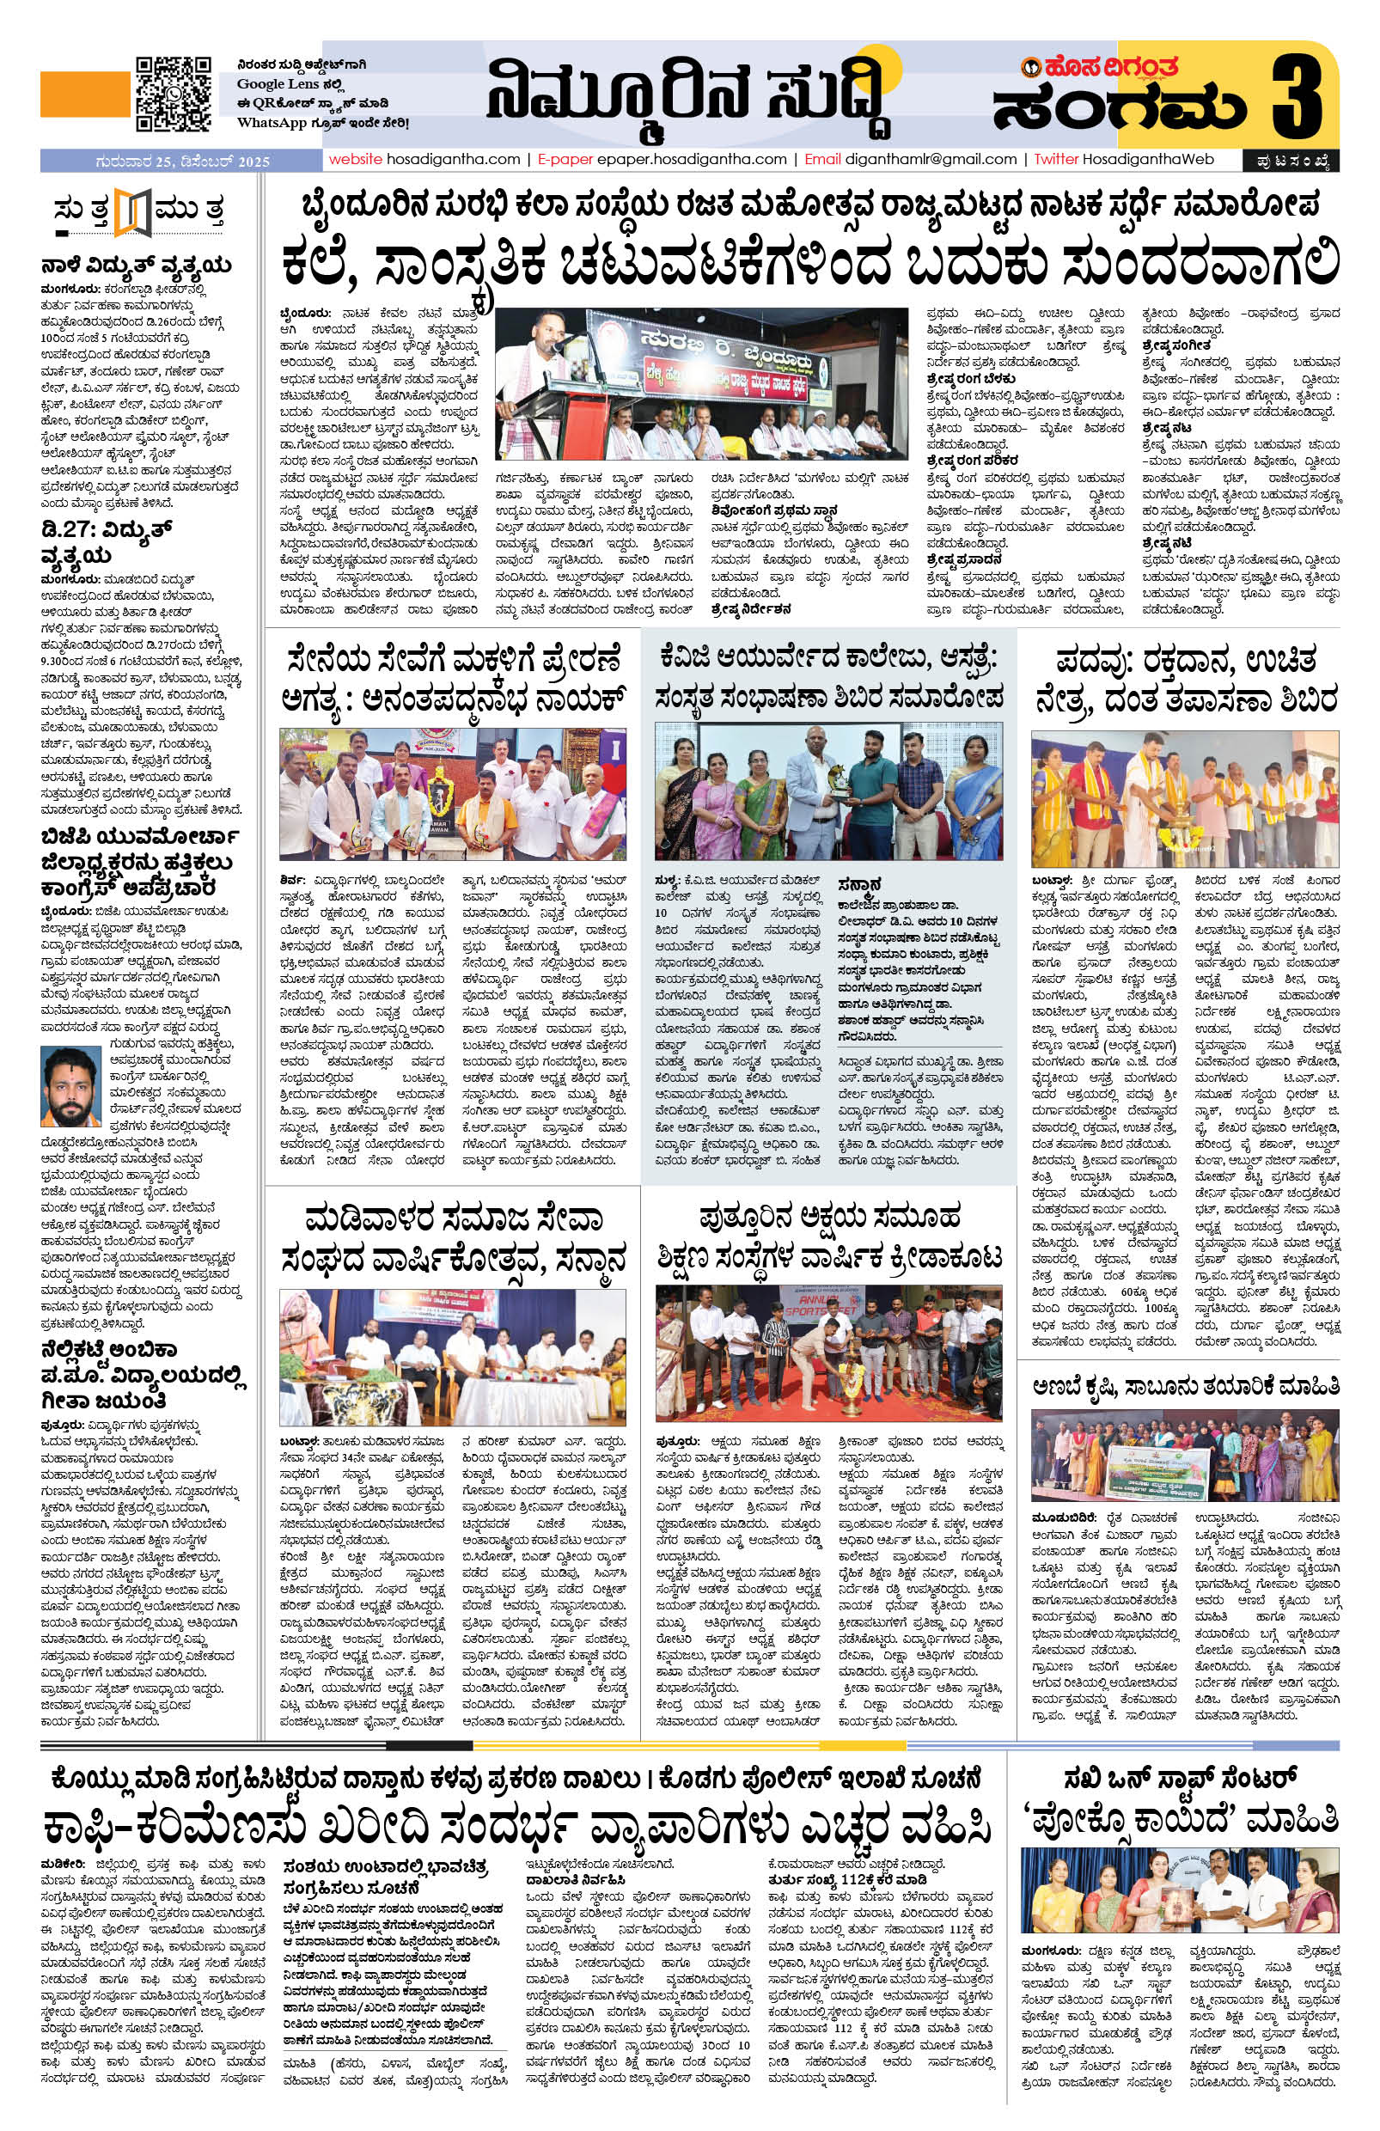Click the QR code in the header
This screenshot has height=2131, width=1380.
tap(173, 94)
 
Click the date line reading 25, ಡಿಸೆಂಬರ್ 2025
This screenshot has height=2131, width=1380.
tap(184, 162)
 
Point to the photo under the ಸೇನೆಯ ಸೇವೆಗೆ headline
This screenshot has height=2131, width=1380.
tap(453, 793)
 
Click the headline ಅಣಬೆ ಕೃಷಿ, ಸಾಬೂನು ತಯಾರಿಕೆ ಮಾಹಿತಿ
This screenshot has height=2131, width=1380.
tap(1186, 1387)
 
